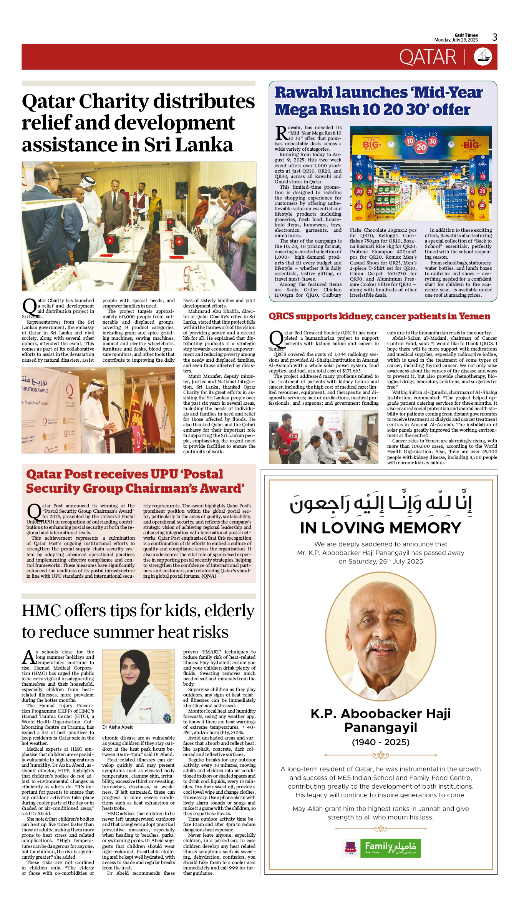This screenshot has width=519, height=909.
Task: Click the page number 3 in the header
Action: pos(495,37)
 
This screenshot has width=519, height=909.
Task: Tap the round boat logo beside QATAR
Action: pos(483,57)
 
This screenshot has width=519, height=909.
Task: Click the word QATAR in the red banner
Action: pos(428,57)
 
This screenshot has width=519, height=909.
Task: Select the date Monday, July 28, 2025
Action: pos(456,40)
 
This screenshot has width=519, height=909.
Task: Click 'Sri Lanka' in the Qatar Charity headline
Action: pos(188,145)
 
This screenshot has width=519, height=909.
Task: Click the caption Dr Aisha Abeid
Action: pos(118,727)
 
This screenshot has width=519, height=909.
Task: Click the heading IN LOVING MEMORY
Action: pos(380,528)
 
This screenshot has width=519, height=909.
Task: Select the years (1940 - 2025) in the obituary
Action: pos(380,742)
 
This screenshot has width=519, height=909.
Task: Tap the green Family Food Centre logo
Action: pos(390,848)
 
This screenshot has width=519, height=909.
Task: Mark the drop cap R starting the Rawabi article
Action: pos(281,133)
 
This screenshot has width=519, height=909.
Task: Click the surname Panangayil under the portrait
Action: pos(380,728)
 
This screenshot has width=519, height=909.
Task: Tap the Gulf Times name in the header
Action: pos(466,35)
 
